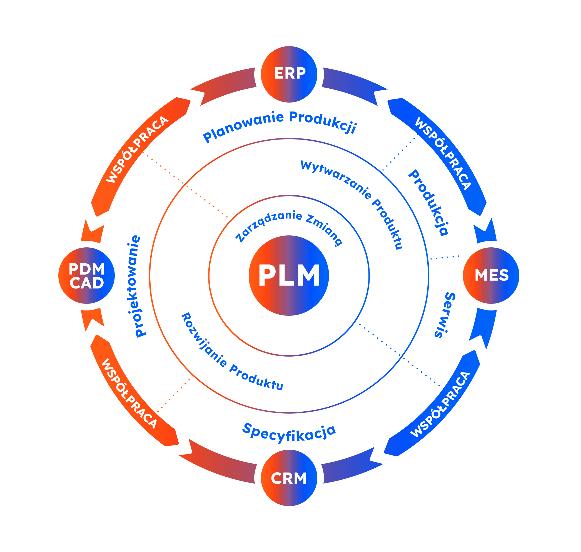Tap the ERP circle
(x=289, y=74)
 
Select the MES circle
(x=491, y=275)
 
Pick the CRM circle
(x=289, y=478)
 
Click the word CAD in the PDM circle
(x=87, y=283)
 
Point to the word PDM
(x=87, y=269)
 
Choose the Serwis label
(x=445, y=315)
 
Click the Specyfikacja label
(x=289, y=433)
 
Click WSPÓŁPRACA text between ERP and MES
(x=443, y=154)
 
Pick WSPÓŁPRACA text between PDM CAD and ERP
(x=137, y=149)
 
